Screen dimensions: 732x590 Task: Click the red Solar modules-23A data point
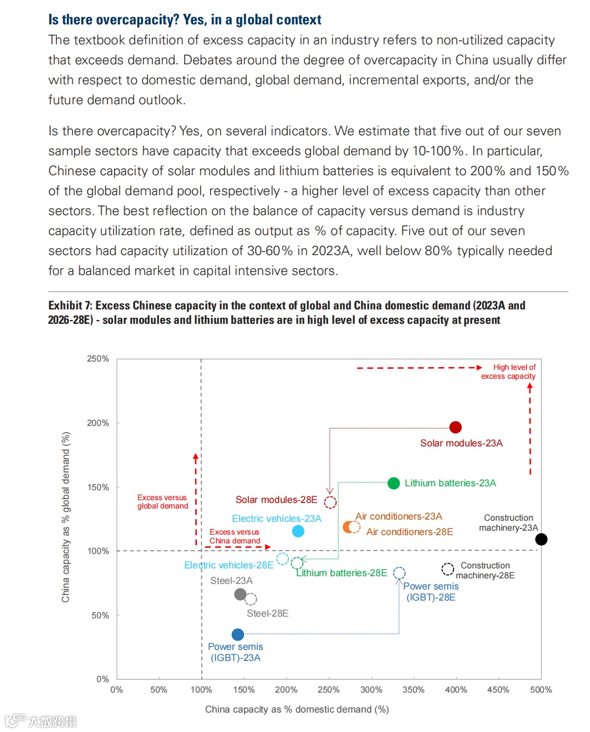point(455,427)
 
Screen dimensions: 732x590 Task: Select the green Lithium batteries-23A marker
point(394,483)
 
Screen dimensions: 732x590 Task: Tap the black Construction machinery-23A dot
point(541,539)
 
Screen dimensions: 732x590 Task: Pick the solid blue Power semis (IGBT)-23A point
point(238,634)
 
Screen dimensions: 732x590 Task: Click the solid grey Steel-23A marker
point(240,594)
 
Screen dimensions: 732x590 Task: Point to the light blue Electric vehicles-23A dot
point(298,531)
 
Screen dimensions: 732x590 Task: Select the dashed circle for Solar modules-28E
point(330,502)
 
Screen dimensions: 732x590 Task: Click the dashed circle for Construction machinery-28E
point(447,569)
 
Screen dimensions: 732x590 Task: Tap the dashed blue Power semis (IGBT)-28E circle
point(399,573)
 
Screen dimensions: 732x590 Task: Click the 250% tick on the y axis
point(98,359)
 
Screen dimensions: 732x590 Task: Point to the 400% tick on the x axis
point(456,690)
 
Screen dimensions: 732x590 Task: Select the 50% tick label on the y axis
point(100,615)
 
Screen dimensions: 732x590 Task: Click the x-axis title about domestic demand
point(297,709)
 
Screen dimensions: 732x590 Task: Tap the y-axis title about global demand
point(66,517)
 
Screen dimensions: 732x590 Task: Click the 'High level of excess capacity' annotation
point(508,372)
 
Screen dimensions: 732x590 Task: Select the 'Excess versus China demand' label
point(235,536)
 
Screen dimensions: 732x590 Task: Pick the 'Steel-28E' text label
point(267,613)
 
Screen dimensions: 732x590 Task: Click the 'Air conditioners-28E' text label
point(409,532)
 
